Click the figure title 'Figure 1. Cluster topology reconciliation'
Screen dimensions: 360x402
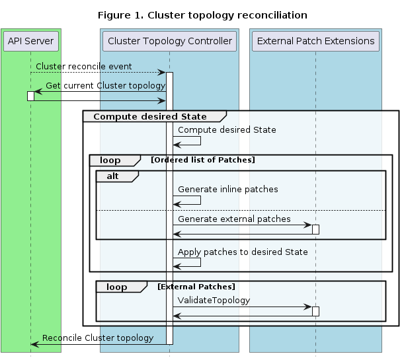coord(202,15)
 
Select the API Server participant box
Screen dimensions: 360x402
coord(30,41)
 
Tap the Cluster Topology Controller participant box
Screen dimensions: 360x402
coord(169,41)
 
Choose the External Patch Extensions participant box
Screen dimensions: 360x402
coord(315,41)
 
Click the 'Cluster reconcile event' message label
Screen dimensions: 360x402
coord(83,67)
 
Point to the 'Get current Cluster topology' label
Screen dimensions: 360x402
coord(105,86)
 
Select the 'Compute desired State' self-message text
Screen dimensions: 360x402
coord(227,130)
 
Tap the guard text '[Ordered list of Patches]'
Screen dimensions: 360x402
coord(202,160)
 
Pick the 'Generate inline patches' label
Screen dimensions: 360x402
coord(227,190)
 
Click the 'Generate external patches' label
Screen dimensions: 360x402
coord(234,219)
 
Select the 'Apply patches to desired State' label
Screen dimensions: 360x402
coord(243,252)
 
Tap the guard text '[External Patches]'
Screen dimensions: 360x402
coord(196,287)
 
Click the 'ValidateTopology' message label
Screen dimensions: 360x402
coord(214,301)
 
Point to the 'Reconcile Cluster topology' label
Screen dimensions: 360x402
coord(98,338)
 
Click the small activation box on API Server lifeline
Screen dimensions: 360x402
coord(30,96)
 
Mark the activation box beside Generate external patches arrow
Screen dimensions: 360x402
coord(315,229)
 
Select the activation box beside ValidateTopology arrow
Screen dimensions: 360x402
coord(315,311)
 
